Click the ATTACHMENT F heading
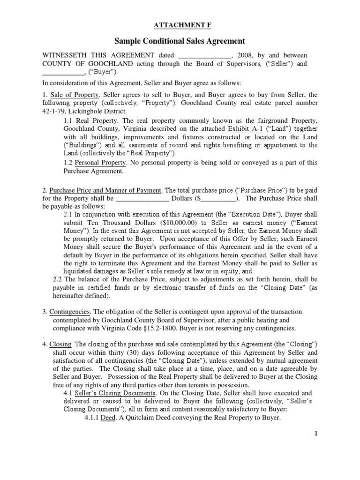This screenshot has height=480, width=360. tap(180, 25)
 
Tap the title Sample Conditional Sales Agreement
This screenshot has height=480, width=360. tap(180, 41)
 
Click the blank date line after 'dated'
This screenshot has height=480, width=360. tap(205, 55)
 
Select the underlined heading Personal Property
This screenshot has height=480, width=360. tap(100, 163)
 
